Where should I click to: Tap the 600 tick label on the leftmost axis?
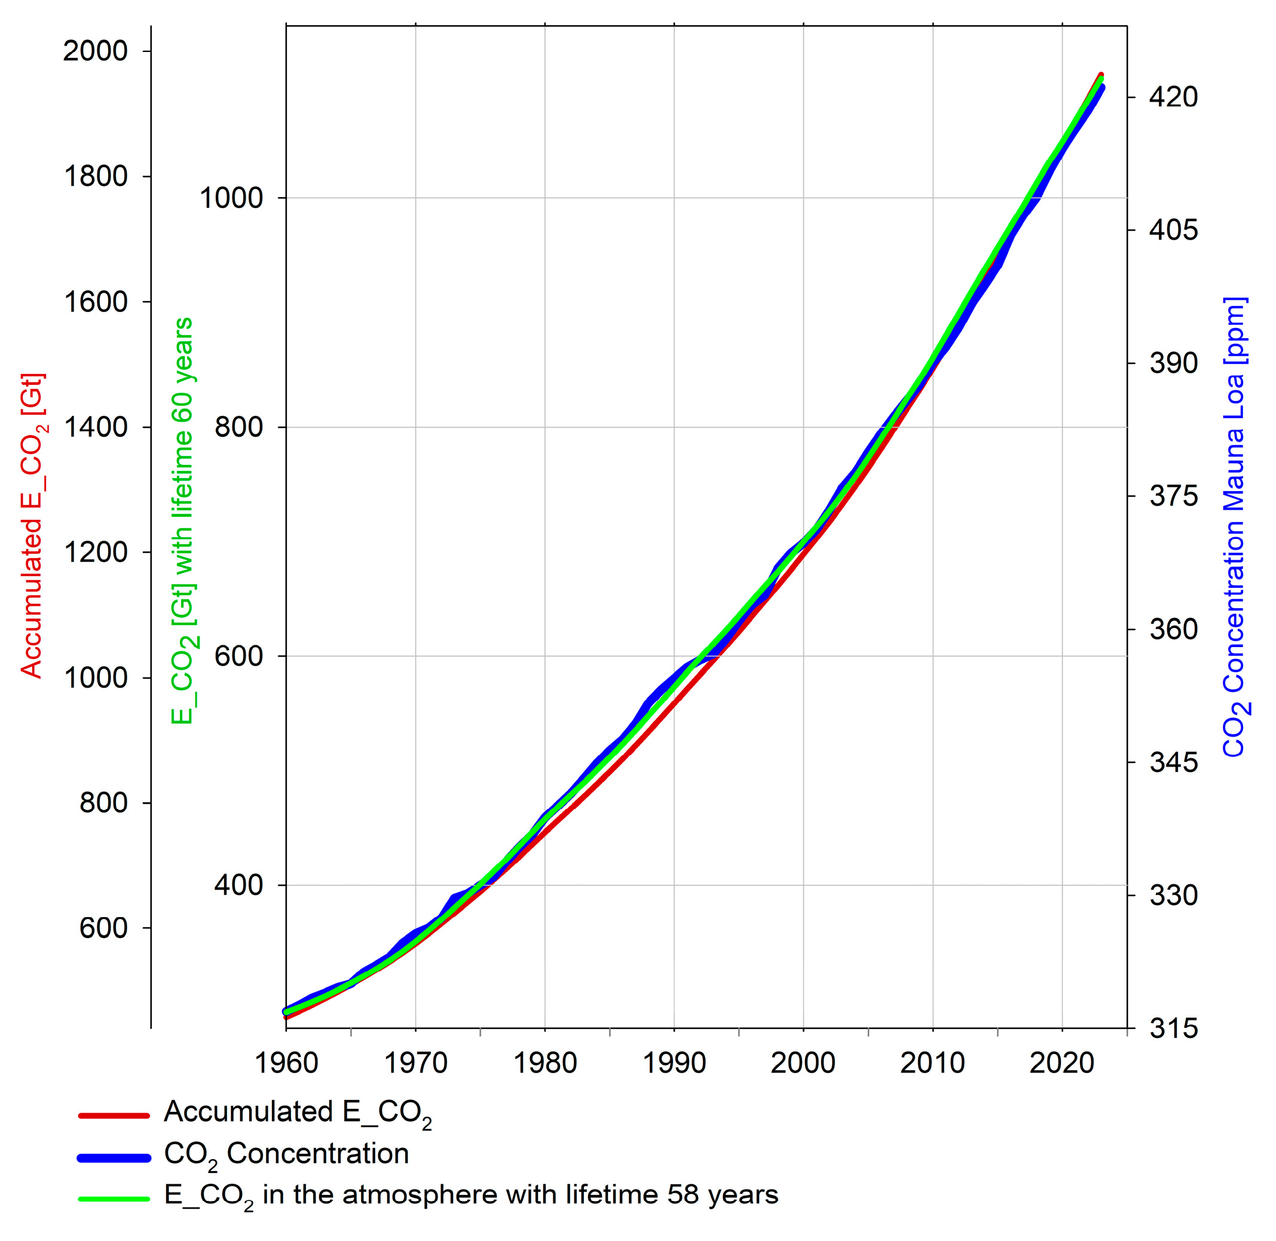click(x=103, y=928)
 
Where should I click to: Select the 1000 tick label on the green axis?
click(x=231, y=198)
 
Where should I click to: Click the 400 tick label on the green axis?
click(x=238, y=885)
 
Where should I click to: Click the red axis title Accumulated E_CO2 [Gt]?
click(x=32, y=525)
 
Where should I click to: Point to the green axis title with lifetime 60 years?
click(x=182, y=521)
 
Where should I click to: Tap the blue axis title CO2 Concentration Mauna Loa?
click(x=1234, y=526)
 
